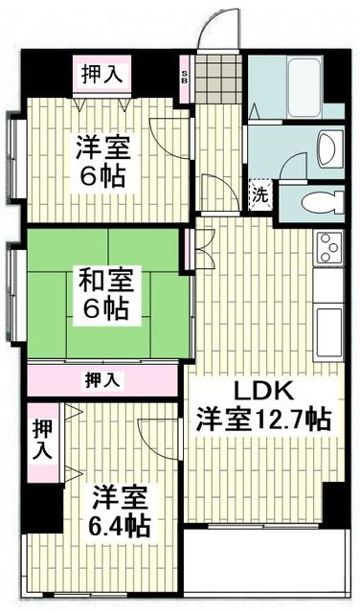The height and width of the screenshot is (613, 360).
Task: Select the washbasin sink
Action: tap(323, 149)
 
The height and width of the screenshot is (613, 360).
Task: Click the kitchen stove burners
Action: tap(328, 247)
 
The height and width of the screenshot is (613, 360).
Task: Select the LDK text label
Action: tap(257, 392)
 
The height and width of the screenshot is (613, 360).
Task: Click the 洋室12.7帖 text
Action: tap(264, 419)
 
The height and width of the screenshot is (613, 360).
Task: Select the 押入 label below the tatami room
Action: tap(104, 380)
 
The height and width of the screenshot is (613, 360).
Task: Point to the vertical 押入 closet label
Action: tap(43, 440)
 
